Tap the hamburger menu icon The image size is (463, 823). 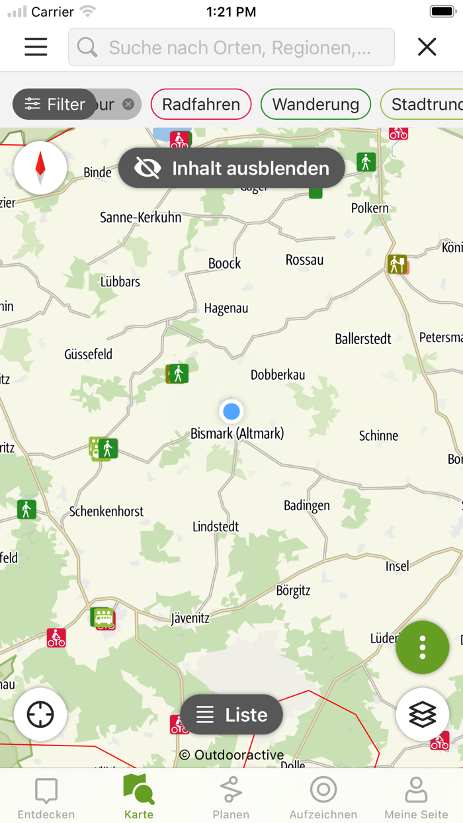36,46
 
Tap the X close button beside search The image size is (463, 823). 427,46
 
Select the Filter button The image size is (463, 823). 55,104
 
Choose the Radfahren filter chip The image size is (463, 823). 201,104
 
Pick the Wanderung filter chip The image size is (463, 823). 316,104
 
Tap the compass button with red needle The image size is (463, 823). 40,167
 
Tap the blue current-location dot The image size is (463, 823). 232,411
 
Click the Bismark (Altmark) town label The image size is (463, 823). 237,433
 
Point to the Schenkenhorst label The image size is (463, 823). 106,511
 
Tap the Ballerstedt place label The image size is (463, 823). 363,339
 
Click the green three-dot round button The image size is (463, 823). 422,647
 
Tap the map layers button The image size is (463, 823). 422,714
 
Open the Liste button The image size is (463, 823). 232,715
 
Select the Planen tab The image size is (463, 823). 231,797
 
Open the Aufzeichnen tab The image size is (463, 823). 323,797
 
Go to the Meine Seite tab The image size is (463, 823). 416,797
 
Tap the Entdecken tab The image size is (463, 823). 46,797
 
